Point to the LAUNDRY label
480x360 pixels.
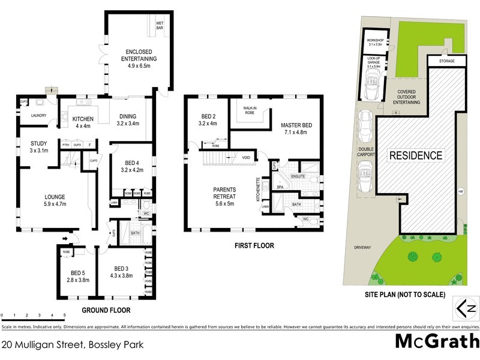[x=31, y=116]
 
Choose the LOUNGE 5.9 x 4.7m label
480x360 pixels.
[x=55, y=200]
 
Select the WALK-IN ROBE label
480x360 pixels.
[x=251, y=111]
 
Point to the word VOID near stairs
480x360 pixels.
[x=247, y=158]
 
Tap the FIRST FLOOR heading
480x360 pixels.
[x=254, y=245]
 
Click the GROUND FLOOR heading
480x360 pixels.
[x=106, y=310]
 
